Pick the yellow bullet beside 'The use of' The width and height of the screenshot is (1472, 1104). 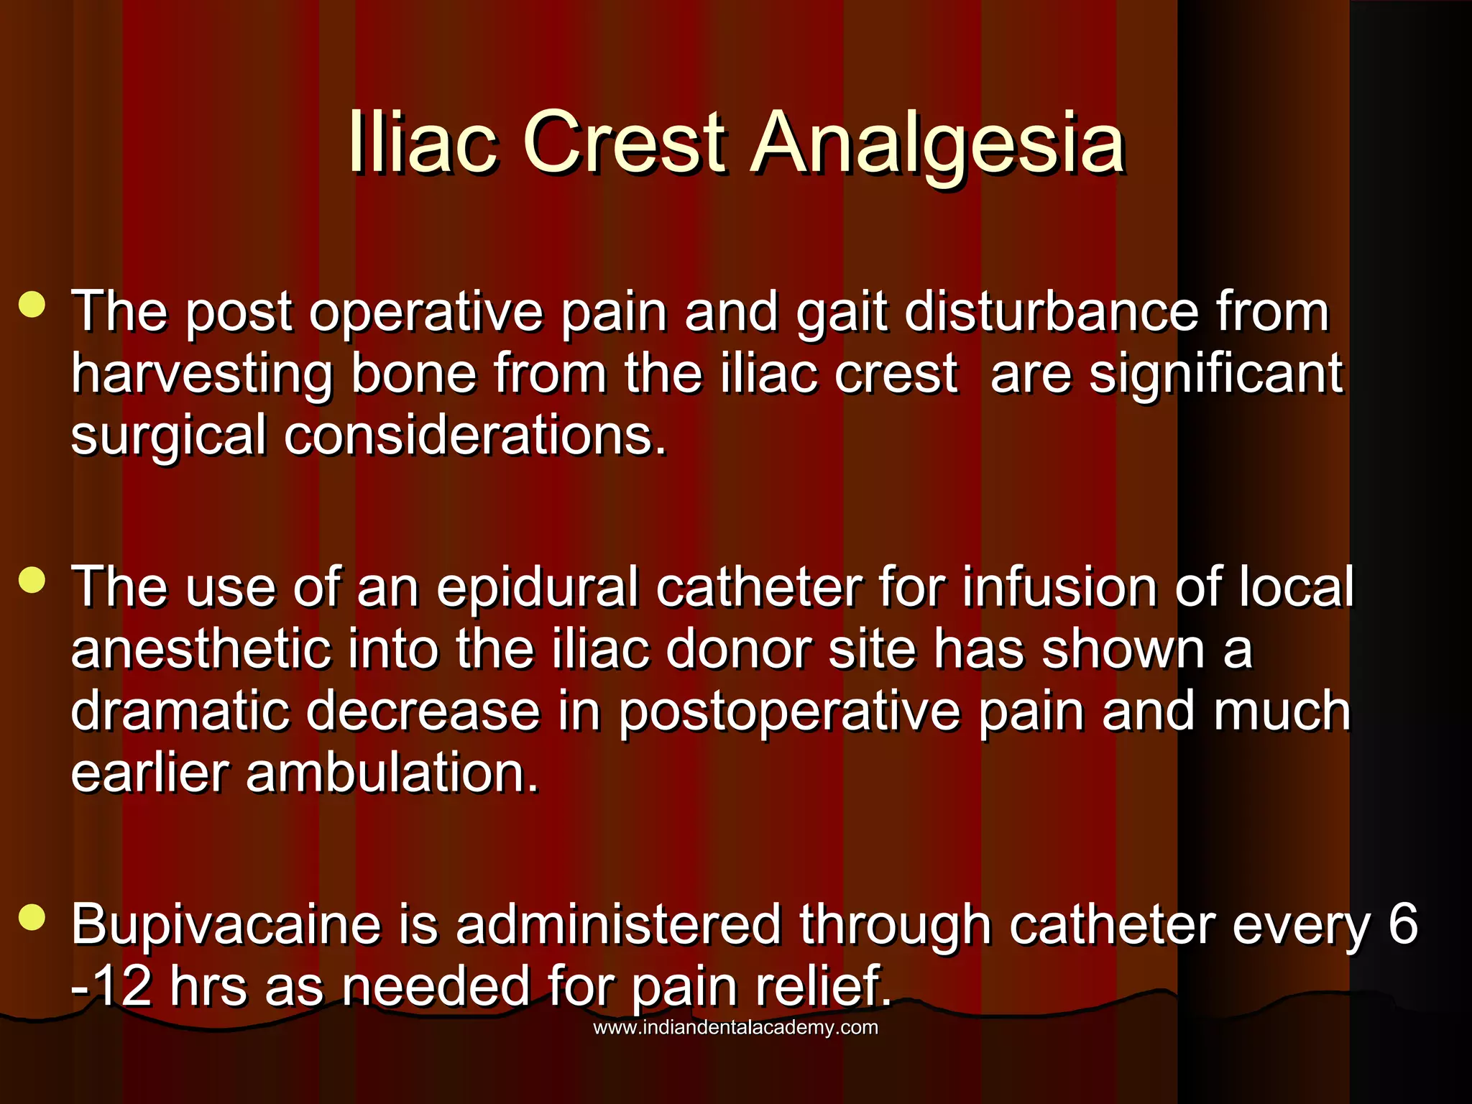click(32, 579)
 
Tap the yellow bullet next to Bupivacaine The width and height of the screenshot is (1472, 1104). click(32, 917)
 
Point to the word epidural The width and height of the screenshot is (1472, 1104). click(537, 587)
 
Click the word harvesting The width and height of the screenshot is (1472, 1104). click(202, 375)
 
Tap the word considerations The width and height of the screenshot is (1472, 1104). click(475, 436)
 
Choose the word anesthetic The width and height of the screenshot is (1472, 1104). click(201, 649)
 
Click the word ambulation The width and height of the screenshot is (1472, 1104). click(392, 773)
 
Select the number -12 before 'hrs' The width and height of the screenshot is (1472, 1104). click(111, 987)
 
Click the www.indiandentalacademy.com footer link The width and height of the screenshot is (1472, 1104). click(735, 1027)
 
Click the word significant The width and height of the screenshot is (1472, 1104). click(1215, 374)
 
